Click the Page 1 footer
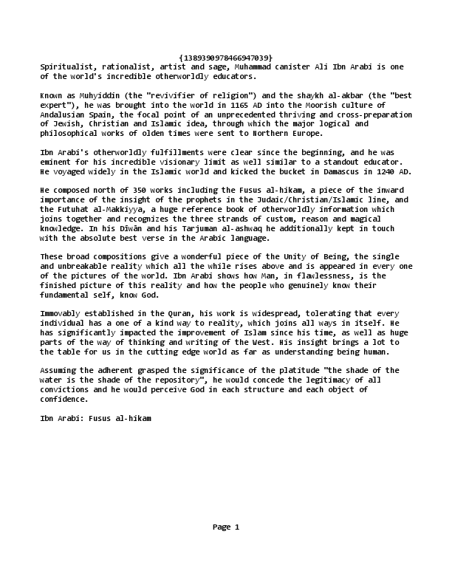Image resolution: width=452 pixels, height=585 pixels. coord(226,527)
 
